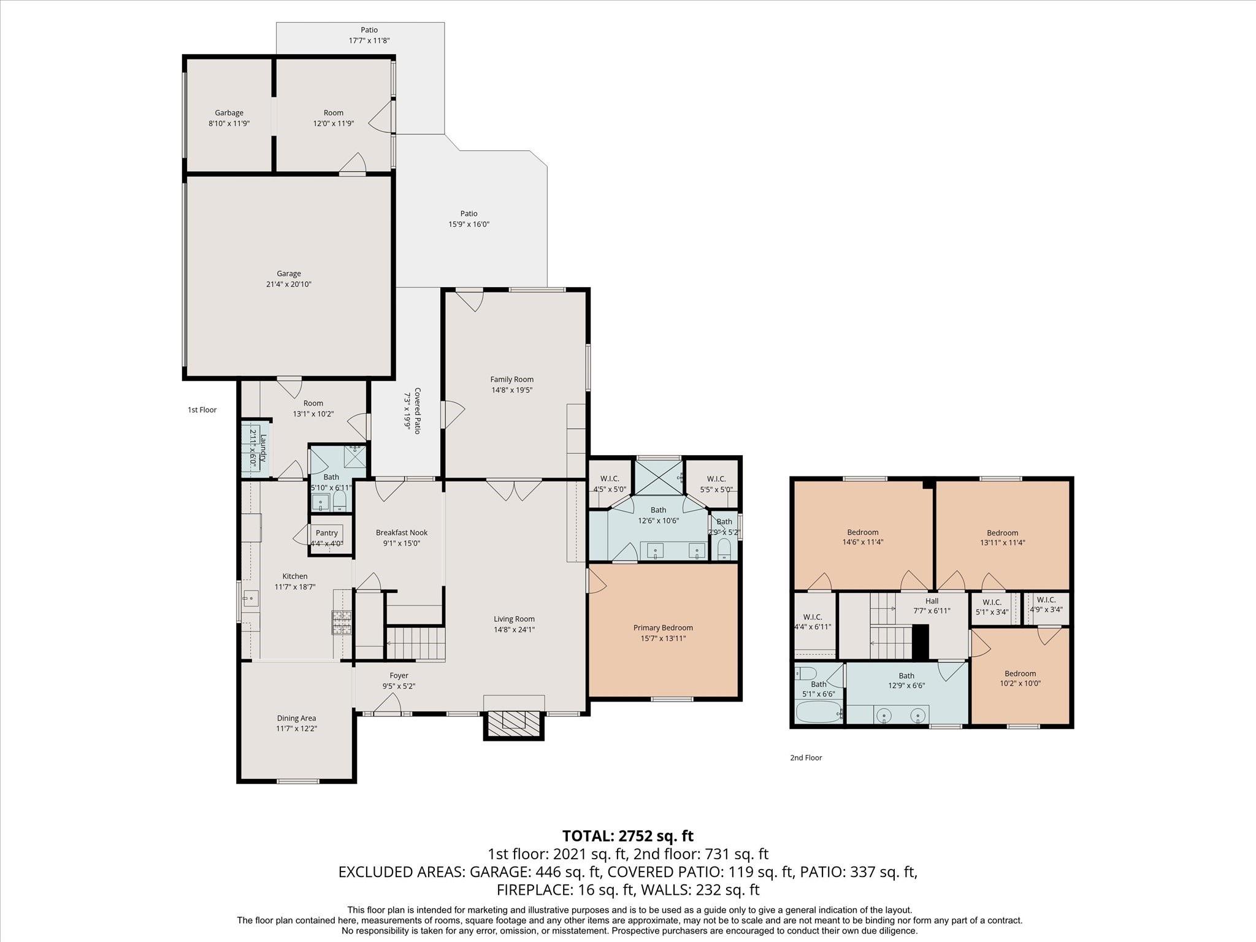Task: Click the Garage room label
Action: [288, 274]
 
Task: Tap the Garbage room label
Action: [229, 113]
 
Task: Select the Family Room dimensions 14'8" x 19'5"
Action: [511, 390]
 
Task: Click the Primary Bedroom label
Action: [663, 627]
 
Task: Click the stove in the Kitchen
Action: [342, 622]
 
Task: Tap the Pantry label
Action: [326, 533]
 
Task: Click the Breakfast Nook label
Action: [402, 533]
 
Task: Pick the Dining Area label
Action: [296, 718]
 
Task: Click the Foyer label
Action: [399, 675]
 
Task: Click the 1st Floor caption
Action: [202, 410]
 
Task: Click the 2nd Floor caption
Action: [806, 757]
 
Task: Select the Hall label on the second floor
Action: [932, 601]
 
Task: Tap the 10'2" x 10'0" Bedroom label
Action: [1020, 673]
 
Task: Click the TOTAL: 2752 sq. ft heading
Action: [627, 836]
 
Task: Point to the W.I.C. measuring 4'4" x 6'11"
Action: [812, 618]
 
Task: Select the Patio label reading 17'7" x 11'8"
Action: [369, 30]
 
